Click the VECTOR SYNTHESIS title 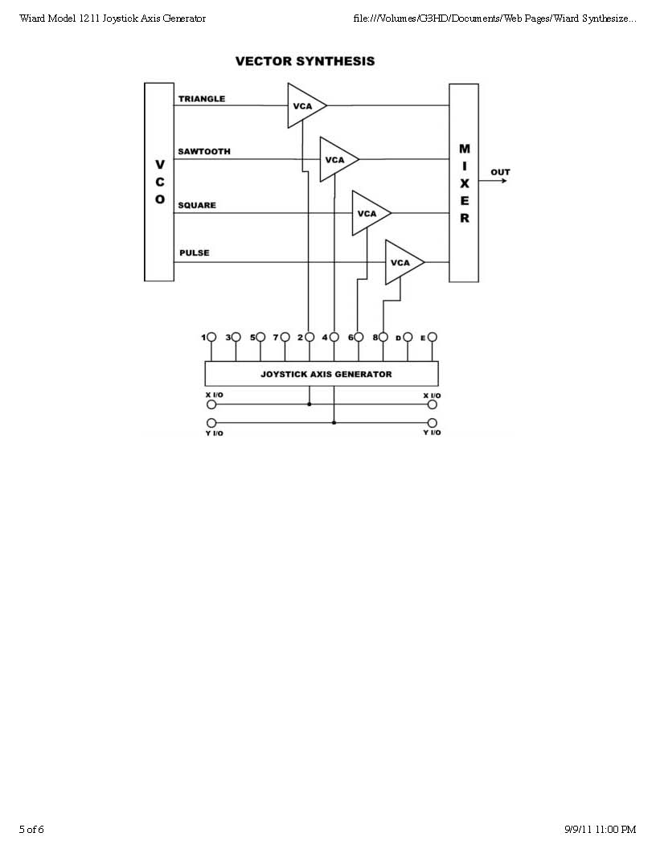point(305,61)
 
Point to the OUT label point(500,172)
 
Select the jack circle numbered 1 point(211,338)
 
